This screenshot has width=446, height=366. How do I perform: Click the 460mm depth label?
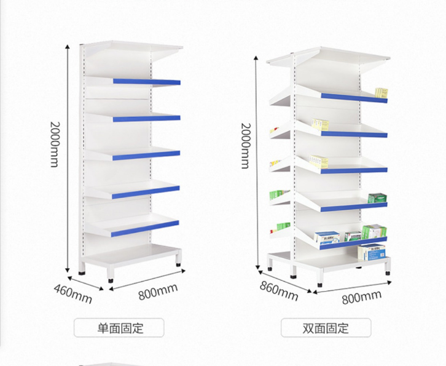72,293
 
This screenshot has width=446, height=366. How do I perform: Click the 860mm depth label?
278,290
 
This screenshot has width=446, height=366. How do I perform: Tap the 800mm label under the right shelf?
361,299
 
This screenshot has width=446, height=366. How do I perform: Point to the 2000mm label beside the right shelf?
245,146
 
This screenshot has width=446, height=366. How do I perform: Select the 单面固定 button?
119,327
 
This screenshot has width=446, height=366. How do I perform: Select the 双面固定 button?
326,327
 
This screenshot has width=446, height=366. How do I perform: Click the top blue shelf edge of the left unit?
147,82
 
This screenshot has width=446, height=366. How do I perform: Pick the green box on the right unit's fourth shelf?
377,198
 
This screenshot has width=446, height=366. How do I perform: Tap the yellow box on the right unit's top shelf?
381,93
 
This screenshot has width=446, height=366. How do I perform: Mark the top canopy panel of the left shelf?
135,47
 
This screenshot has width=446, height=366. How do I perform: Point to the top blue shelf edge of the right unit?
354,98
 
